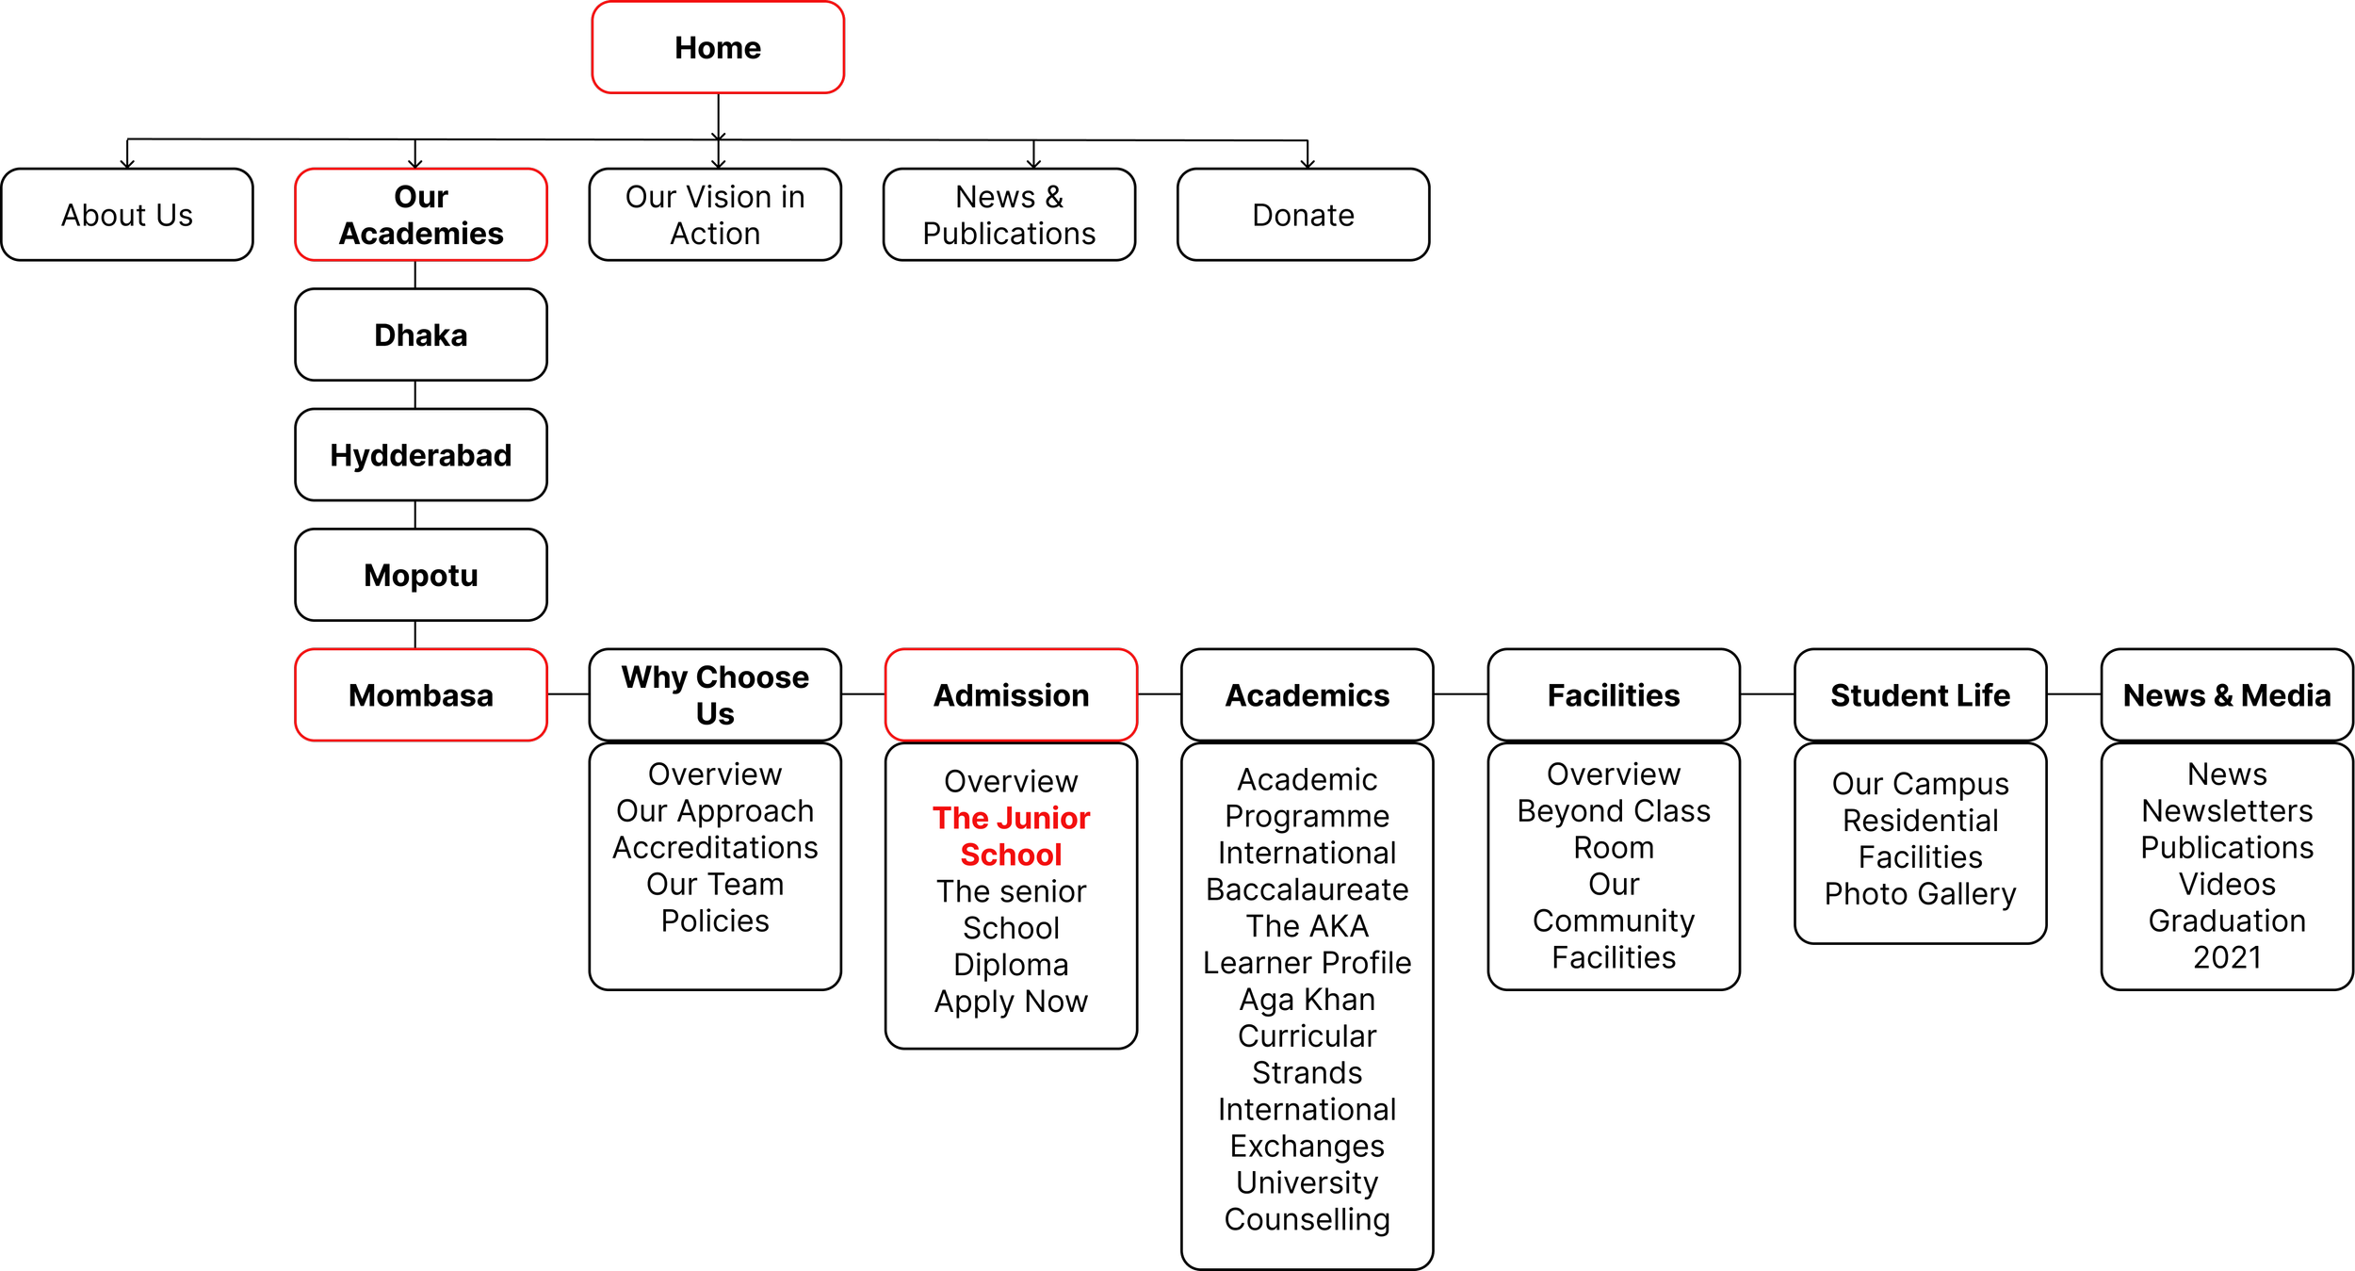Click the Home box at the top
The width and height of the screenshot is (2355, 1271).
click(x=718, y=48)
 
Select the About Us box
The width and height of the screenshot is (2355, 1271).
click(x=127, y=215)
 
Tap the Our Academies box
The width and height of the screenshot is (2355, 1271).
click(x=421, y=215)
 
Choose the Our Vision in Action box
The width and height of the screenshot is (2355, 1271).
click(x=715, y=215)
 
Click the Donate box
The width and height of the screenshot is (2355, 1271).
click(x=1303, y=215)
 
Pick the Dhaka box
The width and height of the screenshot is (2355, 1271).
click(x=421, y=334)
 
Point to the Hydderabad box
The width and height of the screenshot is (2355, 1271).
click(x=421, y=455)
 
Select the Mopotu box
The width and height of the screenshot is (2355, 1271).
click(x=421, y=575)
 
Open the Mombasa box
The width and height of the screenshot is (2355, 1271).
click(x=421, y=695)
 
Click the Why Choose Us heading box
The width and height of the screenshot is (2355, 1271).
click(x=715, y=695)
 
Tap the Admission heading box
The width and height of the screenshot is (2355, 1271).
click(x=1011, y=695)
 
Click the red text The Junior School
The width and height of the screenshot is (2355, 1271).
click(x=1011, y=837)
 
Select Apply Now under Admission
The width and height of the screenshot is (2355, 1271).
click(x=1011, y=1002)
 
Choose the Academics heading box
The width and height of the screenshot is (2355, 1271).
click(x=1307, y=695)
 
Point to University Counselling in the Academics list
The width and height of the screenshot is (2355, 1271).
click(x=1307, y=1201)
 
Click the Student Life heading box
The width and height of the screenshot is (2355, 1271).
click(x=1920, y=695)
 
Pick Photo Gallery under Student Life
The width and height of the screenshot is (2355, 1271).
click(x=1920, y=894)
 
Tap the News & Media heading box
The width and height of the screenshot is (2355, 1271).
click(x=2226, y=695)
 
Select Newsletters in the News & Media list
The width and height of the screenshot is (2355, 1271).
click(x=2226, y=811)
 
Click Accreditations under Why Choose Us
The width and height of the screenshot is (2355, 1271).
click(x=715, y=848)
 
